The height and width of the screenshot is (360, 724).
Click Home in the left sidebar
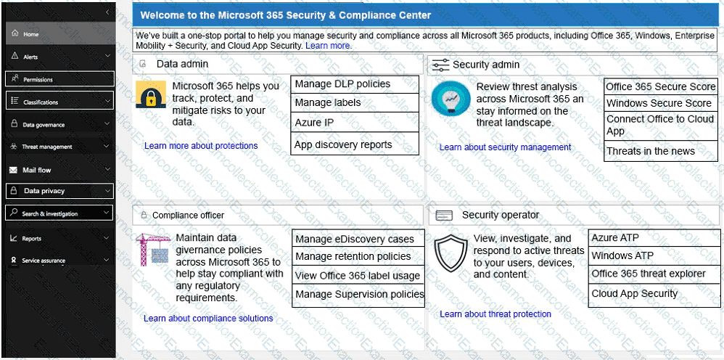[x=30, y=34]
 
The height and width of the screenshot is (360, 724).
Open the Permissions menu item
[x=38, y=79]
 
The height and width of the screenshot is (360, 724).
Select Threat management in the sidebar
[x=47, y=147]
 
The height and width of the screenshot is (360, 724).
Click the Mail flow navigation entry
[x=37, y=170]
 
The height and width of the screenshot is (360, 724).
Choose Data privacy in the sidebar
[x=44, y=191]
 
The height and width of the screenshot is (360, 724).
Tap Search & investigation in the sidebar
[x=49, y=213]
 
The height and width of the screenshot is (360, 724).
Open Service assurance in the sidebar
[x=43, y=261]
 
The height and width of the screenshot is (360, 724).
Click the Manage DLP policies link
[x=342, y=84]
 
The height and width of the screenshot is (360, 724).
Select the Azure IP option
[x=313, y=123]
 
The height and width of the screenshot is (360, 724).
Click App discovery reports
[x=342, y=144]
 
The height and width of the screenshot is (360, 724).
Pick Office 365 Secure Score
[x=660, y=86]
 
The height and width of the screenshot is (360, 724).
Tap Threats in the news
[x=650, y=151]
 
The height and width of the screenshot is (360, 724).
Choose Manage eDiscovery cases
[x=354, y=239]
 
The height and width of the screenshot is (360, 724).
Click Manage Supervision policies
[x=359, y=294]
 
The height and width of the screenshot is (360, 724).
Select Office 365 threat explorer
[x=648, y=274]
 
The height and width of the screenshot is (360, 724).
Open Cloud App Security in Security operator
[x=634, y=293]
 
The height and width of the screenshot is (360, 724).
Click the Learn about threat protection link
[x=495, y=314]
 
